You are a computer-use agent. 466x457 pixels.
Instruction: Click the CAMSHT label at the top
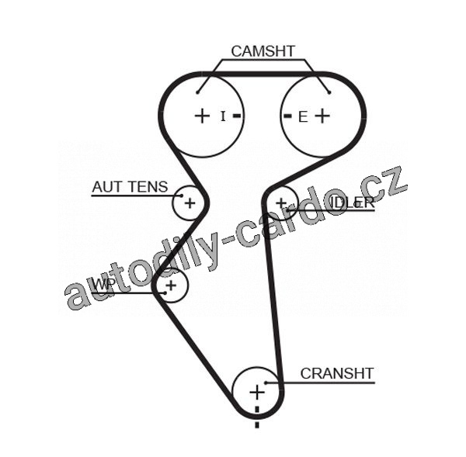point(263,51)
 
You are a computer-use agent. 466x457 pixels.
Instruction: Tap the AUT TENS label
point(129,186)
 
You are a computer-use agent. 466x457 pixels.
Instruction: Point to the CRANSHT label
point(336,373)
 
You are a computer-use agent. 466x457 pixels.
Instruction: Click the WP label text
point(103,285)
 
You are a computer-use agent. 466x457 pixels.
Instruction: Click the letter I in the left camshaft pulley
point(223,116)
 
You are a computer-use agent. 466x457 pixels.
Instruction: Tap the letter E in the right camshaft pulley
point(302,116)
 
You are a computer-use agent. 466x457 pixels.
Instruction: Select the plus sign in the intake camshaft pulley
point(202,116)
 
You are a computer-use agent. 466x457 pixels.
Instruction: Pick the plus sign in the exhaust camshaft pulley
point(322,116)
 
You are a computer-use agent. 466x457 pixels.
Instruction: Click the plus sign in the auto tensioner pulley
point(189,203)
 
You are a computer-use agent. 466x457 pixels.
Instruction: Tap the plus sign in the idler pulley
point(281,203)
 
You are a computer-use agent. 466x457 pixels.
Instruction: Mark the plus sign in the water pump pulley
point(172,286)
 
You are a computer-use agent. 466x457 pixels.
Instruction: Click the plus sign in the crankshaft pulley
point(256,392)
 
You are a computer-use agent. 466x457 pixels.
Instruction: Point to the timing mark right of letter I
point(237,116)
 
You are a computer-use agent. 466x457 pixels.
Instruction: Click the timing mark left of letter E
point(287,116)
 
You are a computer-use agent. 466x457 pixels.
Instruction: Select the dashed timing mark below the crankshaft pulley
point(257,419)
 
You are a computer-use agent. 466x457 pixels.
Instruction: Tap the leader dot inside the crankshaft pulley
point(266,383)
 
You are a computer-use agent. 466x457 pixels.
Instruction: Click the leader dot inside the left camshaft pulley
point(198,92)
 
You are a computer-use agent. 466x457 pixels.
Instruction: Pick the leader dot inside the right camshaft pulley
point(329,92)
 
